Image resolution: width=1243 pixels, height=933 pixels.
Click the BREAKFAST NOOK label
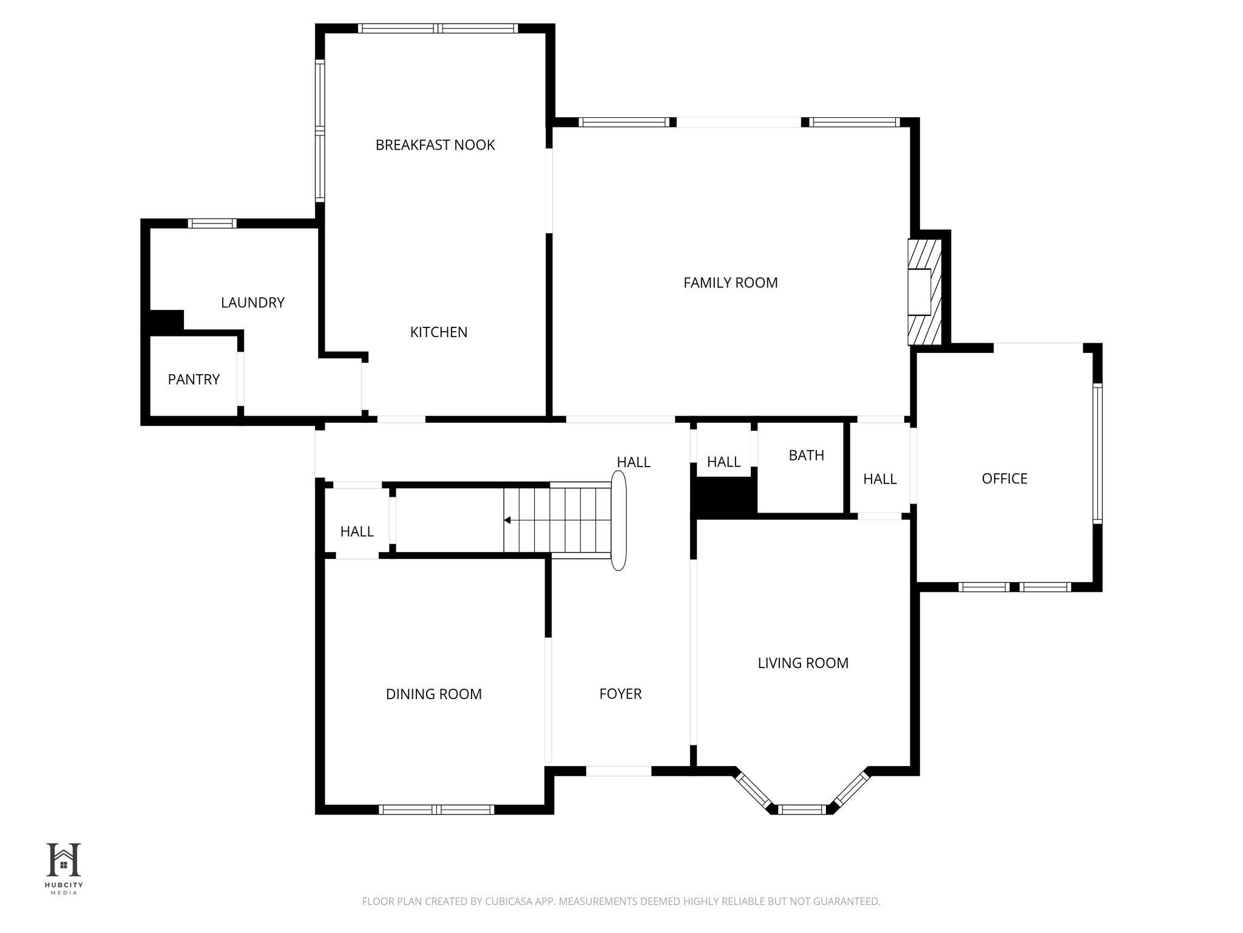click(435, 145)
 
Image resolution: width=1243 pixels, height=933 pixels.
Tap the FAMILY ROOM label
click(730, 282)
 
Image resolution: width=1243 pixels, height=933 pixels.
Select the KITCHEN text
click(439, 332)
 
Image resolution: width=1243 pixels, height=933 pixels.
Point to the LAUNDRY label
click(252, 302)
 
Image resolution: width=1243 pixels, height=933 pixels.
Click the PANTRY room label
click(194, 380)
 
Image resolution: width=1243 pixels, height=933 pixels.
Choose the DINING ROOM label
click(434, 694)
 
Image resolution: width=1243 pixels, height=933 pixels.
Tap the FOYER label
click(620, 694)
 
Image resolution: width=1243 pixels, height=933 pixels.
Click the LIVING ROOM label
click(803, 663)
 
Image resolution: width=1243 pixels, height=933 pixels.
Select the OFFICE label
click(1004, 479)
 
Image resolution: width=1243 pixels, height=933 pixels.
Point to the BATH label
click(807, 456)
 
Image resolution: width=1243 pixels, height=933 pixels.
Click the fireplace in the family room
click(924, 292)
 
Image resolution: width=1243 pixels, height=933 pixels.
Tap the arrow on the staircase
click(507, 520)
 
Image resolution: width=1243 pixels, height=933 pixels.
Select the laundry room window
click(212, 224)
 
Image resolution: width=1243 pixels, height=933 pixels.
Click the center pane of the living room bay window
click(802, 809)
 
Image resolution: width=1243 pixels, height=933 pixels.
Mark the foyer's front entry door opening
click(618, 771)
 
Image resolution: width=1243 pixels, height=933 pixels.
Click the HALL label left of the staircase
click(357, 531)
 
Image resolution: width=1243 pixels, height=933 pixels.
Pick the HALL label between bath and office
click(880, 479)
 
